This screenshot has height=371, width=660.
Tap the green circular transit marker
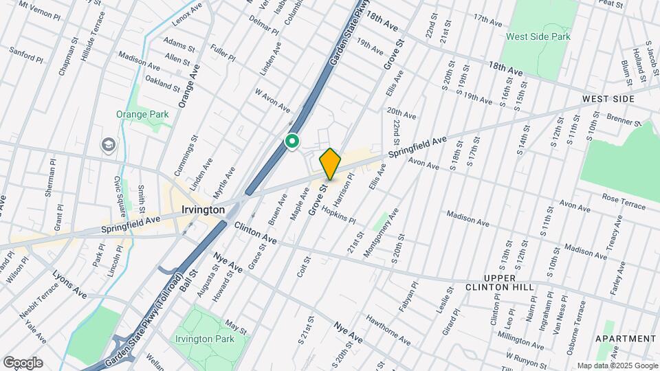click(x=292, y=142)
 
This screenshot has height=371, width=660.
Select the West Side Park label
click(x=538, y=36)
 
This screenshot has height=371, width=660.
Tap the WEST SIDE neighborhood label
click(x=608, y=99)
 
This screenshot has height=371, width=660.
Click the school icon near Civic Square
click(x=108, y=145)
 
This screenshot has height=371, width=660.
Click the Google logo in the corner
click(x=23, y=362)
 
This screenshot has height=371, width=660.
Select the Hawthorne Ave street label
click(x=388, y=335)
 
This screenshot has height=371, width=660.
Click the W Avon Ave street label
click(x=273, y=100)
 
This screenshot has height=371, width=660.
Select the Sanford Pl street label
click(x=26, y=54)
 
